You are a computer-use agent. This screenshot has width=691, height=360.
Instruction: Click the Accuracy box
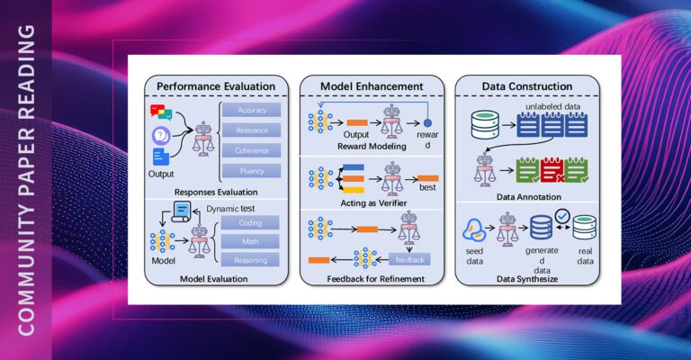tap(251, 110)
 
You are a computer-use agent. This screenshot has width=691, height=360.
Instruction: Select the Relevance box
tap(251, 130)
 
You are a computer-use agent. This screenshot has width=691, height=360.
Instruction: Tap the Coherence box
tap(251, 150)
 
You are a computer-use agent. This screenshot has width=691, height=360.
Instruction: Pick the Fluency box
tap(251, 170)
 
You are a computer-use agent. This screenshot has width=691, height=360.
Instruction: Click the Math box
tap(251, 241)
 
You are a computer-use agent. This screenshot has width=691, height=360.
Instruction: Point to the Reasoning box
tap(251, 260)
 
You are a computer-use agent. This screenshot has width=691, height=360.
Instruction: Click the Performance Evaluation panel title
tap(216, 86)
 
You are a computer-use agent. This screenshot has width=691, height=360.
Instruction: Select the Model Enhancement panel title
tap(372, 86)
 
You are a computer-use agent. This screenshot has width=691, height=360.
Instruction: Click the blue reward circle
tap(429, 122)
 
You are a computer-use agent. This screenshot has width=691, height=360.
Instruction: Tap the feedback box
tap(411, 260)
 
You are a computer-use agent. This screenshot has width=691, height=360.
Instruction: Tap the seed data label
tap(476, 255)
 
